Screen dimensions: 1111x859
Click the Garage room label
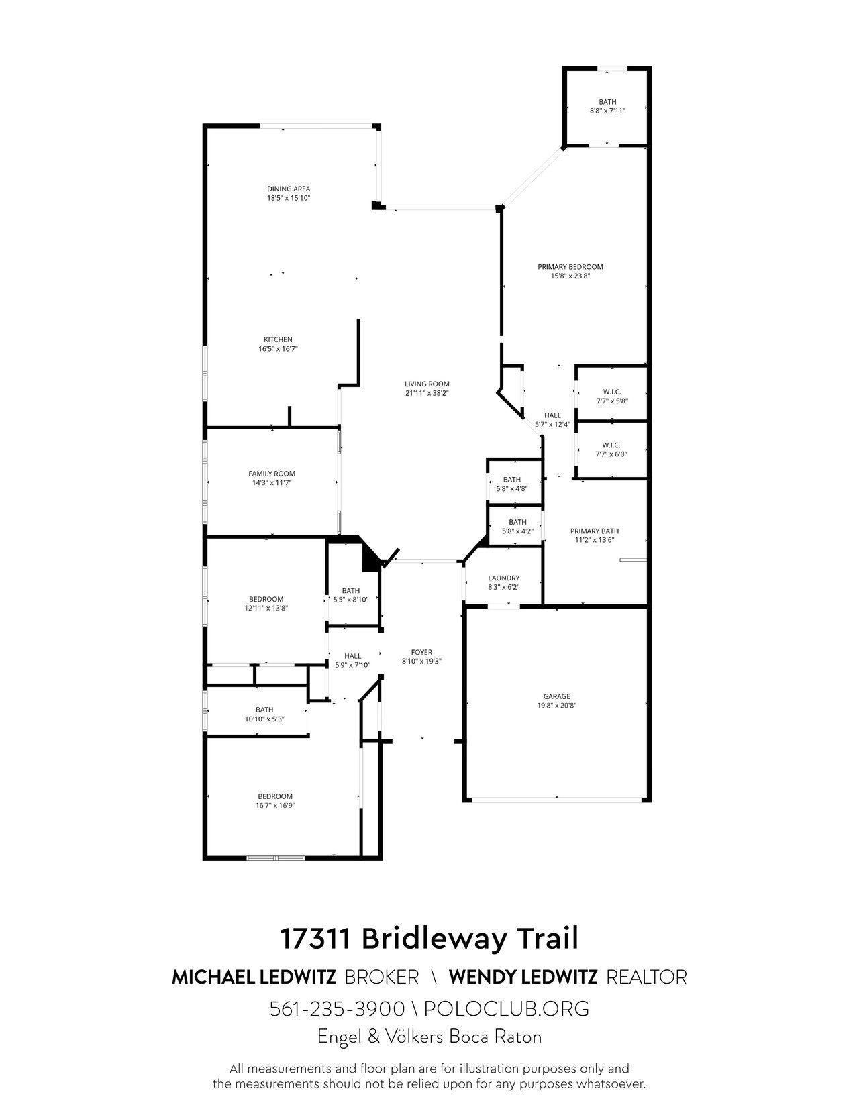tap(557, 696)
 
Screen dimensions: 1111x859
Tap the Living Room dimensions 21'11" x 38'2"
tap(427, 393)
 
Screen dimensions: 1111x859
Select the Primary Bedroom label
tap(570, 266)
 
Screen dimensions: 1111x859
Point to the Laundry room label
tap(503, 578)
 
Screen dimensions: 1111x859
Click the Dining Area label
tap(289, 189)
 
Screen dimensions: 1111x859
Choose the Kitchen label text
tap(278, 339)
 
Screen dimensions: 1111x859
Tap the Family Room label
tap(271, 474)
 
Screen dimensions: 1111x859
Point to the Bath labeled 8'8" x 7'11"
tap(607, 107)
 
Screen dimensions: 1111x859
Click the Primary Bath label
tap(595, 531)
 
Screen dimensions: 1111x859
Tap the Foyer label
tap(421, 652)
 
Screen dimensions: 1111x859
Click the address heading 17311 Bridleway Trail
tap(429, 939)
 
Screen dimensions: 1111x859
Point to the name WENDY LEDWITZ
tap(523, 977)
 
